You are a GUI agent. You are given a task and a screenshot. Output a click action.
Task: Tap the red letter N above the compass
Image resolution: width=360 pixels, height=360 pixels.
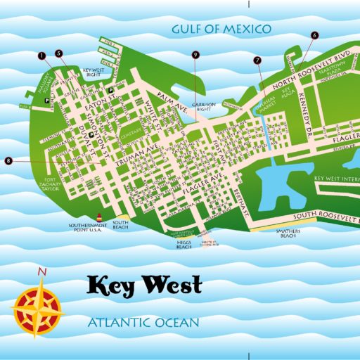coord(43,272)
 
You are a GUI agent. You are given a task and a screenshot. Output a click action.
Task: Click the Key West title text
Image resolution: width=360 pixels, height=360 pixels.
coord(144,285)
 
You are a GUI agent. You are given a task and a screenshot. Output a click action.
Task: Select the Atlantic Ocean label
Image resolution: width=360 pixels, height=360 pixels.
coord(143,323)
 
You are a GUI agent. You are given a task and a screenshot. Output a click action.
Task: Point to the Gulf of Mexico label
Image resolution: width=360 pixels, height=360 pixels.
coord(221,29)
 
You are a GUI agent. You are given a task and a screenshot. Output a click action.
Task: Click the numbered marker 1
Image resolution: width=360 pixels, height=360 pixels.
coord(42,55)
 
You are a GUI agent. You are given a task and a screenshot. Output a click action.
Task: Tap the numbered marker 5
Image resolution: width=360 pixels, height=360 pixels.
coord(59,53)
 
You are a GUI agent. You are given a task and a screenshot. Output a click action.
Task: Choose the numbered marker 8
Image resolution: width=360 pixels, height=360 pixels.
coord(8,161)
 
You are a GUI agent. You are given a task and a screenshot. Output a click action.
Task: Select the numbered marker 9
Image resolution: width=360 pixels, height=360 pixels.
coord(195,55)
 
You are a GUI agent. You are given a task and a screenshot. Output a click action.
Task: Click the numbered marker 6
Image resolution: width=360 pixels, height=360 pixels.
coord(314,34)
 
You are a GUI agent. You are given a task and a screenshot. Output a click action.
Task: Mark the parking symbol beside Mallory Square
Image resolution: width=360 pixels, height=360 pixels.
coord(47,101)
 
